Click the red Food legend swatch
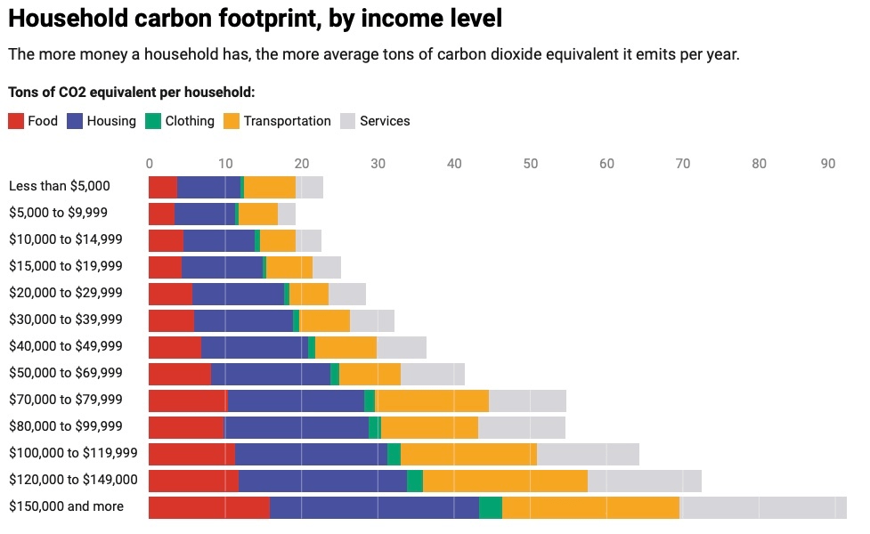pos(16,121)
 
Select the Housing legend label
pos(110,121)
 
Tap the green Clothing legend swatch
pos(152,121)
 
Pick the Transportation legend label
pos(287,121)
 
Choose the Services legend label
pos(385,121)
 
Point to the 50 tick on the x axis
pos(531,164)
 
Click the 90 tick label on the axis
pos(827,164)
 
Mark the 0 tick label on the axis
pos(149,164)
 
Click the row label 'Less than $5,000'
pos(59,186)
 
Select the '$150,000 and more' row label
pos(66,506)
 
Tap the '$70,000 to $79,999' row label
pos(66,400)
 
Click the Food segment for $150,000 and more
pos(208,507)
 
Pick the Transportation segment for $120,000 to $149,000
pos(505,481)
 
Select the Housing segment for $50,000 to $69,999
pos(271,374)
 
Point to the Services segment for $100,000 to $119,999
pos(588,454)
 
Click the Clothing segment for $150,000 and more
pos(491,507)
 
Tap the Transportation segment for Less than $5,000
pos(270,187)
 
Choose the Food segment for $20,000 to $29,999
pos(170,294)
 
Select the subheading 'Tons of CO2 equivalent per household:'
pos(131,92)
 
